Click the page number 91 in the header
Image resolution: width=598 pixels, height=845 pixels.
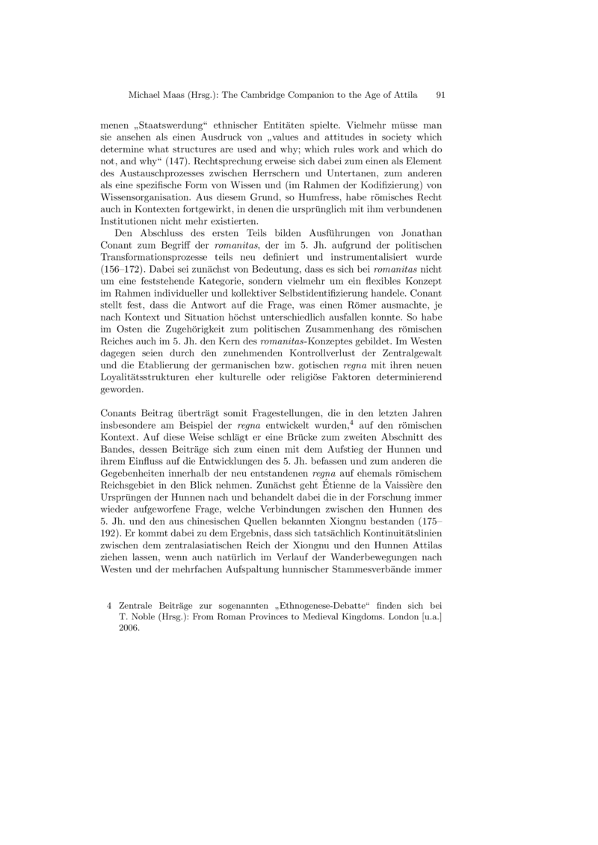coord(440,95)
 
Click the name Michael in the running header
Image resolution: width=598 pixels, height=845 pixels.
coord(145,95)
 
